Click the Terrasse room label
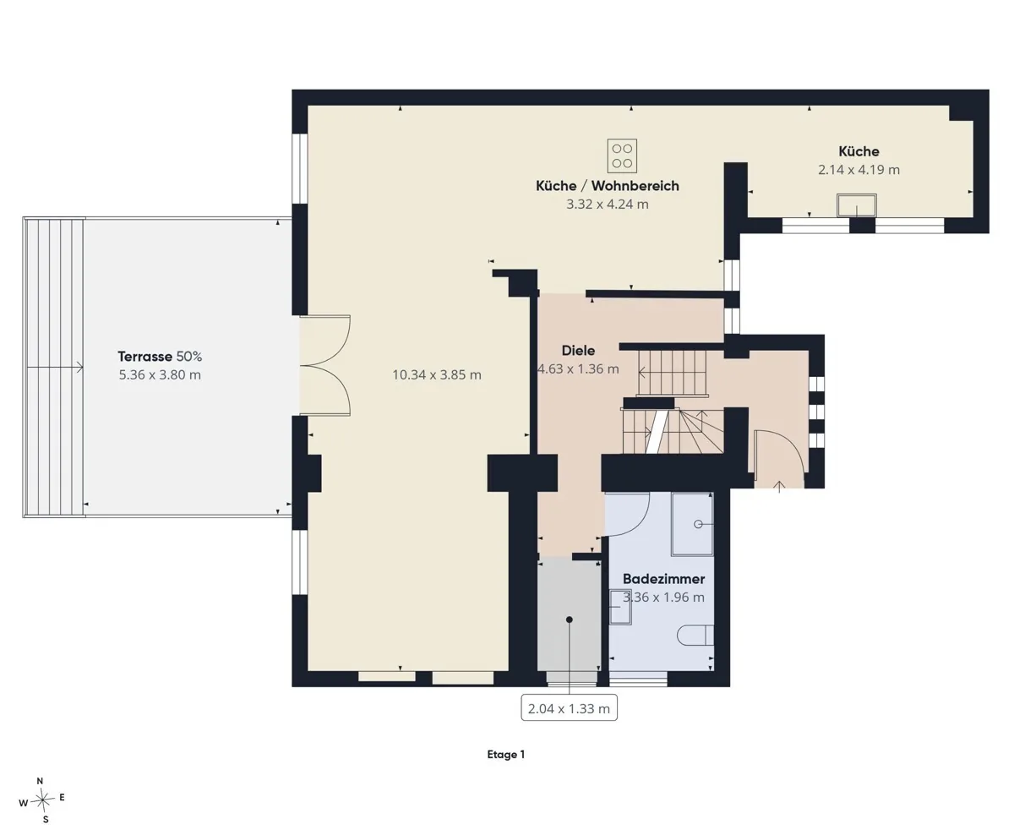[144, 357]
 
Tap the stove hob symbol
[622, 156]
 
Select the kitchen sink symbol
[856, 205]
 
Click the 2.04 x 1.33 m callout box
[569, 708]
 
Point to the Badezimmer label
[663, 579]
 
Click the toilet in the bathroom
[695, 636]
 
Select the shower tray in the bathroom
[692, 524]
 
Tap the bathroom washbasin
[620, 608]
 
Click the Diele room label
[578, 351]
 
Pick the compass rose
[42, 800]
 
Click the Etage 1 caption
[506, 754]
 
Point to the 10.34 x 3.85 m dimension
[437, 374]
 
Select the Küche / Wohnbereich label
[608, 186]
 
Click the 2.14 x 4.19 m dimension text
[859, 170]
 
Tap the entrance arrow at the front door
[779, 486]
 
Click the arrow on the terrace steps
[55, 368]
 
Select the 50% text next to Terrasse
[189, 357]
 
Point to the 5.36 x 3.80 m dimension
[160, 374]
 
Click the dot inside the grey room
[570, 619]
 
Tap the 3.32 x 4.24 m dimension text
[608, 205]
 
